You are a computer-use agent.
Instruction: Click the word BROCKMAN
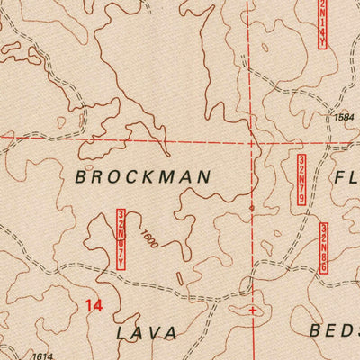coord(143,177)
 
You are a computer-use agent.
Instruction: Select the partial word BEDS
coord(334,330)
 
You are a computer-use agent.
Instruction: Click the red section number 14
coord(93,306)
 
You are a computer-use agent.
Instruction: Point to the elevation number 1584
coord(344,117)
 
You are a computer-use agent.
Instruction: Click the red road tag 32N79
coord(301,177)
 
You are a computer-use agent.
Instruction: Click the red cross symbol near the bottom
coord(252,310)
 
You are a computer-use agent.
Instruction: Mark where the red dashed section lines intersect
coord(251,141)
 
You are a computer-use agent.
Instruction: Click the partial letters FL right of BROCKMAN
coord(346,176)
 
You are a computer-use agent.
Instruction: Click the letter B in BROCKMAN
coord(81,177)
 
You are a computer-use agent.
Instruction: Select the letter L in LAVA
coord(121,332)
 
